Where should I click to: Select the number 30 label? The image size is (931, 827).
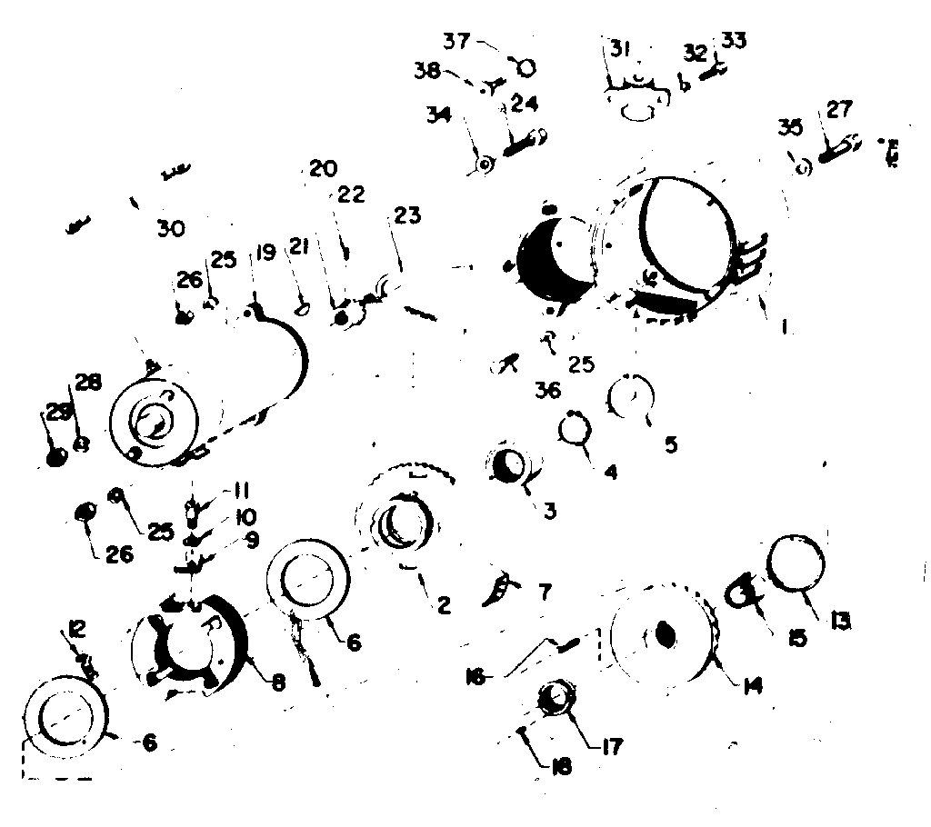(170, 230)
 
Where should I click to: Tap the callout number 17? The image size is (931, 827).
(612, 746)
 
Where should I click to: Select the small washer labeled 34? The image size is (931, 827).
(486, 164)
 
